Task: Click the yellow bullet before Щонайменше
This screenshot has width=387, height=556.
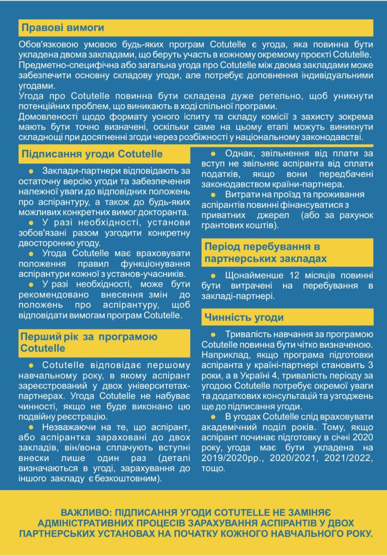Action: click(x=213, y=276)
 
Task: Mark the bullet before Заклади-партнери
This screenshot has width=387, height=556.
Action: click(x=30, y=171)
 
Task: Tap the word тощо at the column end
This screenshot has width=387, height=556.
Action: click(x=213, y=470)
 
